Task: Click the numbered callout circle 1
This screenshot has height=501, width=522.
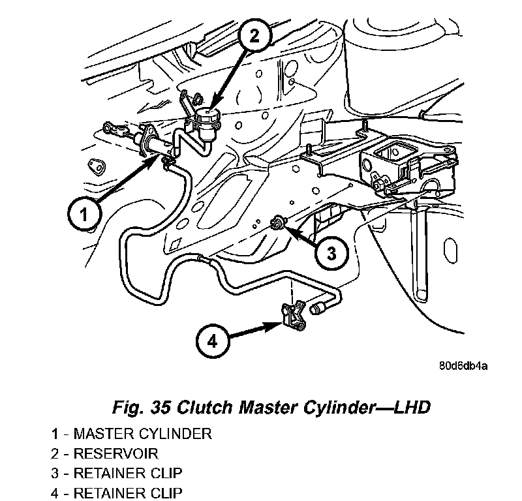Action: point(84,214)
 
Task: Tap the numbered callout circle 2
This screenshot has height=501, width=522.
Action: point(254,36)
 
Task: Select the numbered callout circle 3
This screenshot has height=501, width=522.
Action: point(331,253)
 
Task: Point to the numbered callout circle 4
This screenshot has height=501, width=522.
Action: point(213,342)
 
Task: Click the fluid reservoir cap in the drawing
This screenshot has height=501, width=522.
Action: point(208,115)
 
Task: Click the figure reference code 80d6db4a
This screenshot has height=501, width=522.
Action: point(463,366)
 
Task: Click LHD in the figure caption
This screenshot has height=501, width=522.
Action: point(412,407)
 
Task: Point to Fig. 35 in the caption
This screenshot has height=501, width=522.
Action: point(142,408)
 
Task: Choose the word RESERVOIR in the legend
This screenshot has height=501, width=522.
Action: point(116,454)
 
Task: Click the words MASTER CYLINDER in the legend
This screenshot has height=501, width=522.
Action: point(142,434)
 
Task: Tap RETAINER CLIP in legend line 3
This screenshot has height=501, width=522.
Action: point(128,474)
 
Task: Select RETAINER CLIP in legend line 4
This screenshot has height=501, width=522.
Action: point(128,493)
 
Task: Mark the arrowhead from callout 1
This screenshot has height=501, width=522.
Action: point(151,162)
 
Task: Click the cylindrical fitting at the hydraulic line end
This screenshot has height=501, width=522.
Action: point(318,308)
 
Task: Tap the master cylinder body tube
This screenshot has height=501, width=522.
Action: point(157,145)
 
